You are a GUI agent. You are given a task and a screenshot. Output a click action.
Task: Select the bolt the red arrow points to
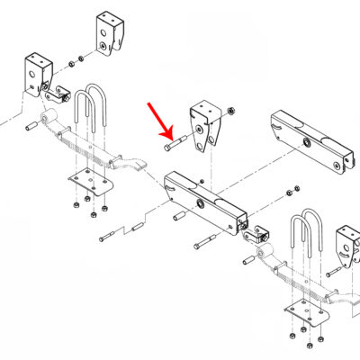(x=174, y=139)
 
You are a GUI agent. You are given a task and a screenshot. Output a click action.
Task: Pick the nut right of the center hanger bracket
(x=232, y=111)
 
